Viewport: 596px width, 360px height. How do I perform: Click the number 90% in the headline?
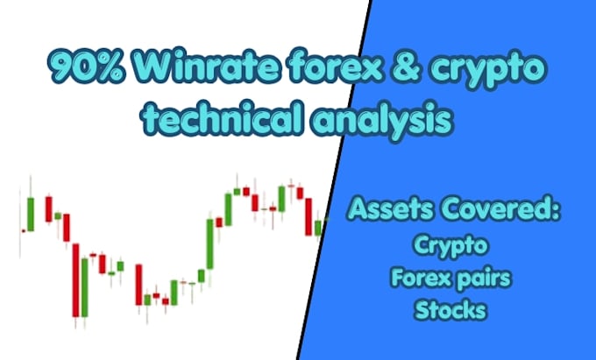[87, 67]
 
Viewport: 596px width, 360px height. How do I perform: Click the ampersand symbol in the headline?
[405, 67]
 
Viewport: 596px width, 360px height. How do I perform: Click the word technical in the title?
[222, 117]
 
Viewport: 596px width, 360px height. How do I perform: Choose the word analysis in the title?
[382, 119]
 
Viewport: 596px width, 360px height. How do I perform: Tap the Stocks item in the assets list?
[451, 310]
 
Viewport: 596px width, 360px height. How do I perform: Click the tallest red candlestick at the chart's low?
[76, 280]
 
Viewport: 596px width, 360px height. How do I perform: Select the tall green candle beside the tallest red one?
[85, 287]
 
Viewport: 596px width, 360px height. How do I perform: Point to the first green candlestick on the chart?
[31, 214]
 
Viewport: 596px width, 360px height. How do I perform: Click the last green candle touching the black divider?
[318, 228]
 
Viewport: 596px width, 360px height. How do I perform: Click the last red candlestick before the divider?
[309, 216]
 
